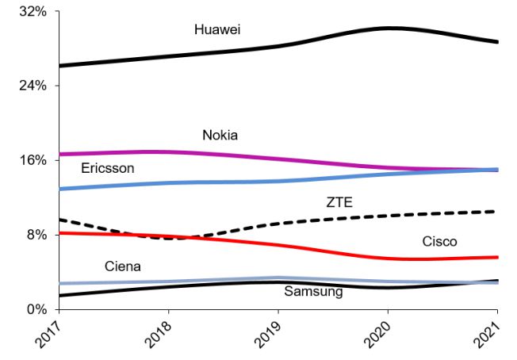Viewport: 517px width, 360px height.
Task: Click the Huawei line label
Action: (x=217, y=29)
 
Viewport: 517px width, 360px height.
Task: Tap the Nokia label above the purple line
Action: (x=220, y=135)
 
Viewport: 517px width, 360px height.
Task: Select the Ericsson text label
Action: (x=108, y=168)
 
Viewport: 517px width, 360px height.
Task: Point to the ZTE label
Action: (x=339, y=202)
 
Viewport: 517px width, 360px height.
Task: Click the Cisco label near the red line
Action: (x=439, y=241)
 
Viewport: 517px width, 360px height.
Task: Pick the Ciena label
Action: (x=122, y=266)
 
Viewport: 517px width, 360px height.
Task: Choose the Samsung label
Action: (x=313, y=292)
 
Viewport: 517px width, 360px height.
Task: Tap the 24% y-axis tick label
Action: (x=33, y=86)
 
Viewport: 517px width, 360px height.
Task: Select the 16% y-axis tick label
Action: (x=33, y=160)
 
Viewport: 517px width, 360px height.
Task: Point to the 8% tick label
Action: (x=36, y=235)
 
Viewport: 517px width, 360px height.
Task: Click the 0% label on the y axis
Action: (x=36, y=309)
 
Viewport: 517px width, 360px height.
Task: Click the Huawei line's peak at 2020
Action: (x=388, y=28)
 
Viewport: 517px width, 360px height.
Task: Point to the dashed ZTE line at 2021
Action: (x=496, y=211)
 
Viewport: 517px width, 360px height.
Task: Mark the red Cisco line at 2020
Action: (x=388, y=258)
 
